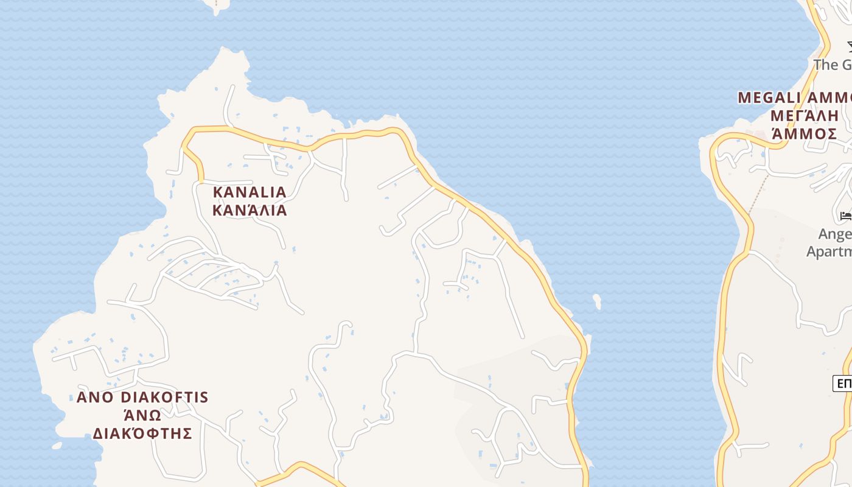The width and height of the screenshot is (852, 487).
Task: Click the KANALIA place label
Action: click(x=250, y=192)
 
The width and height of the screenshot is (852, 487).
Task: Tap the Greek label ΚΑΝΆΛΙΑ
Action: click(x=250, y=211)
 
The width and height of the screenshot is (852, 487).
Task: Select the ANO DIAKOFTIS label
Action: click(x=142, y=398)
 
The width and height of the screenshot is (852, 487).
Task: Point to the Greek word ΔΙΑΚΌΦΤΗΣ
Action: click(x=142, y=433)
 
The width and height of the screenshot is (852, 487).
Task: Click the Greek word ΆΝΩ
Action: click(x=142, y=416)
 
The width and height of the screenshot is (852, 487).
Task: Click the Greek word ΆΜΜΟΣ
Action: click(x=804, y=134)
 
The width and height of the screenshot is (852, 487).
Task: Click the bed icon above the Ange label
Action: click(x=846, y=215)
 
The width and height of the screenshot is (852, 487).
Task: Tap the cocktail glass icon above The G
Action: click(x=848, y=47)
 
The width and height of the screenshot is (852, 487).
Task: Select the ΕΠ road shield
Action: click(x=843, y=384)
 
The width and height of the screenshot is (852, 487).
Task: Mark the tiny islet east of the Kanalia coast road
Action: click(x=597, y=301)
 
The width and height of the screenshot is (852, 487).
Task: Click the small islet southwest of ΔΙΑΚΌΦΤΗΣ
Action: click(x=57, y=446)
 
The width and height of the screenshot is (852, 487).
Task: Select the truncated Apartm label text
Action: click(x=829, y=251)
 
